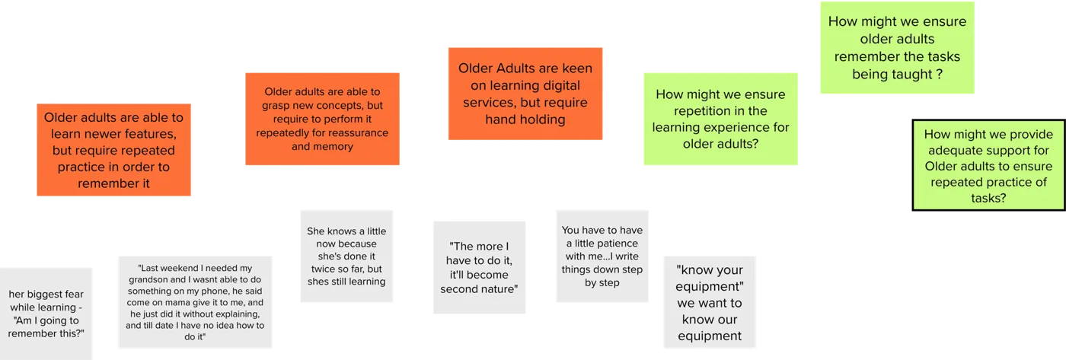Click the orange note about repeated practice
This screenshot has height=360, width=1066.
(113, 150)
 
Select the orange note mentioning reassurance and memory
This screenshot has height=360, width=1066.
(322, 119)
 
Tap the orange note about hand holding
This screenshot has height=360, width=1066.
(525, 94)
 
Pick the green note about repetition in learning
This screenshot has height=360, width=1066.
(720, 119)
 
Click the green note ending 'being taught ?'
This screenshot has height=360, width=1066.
(897, 47)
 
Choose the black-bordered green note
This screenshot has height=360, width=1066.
(988, 165)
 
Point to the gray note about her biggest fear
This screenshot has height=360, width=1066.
(46, 314)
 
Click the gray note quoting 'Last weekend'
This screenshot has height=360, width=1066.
(195, 302)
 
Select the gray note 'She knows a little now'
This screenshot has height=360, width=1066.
(346, 256)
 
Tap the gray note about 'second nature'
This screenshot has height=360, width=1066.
(479, 267)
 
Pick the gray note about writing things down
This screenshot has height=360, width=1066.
(602, 256)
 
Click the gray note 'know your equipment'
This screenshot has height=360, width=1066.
(710, 302)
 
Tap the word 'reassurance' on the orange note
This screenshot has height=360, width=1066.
(358, 132)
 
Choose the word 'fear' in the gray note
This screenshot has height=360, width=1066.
(75, 295)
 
